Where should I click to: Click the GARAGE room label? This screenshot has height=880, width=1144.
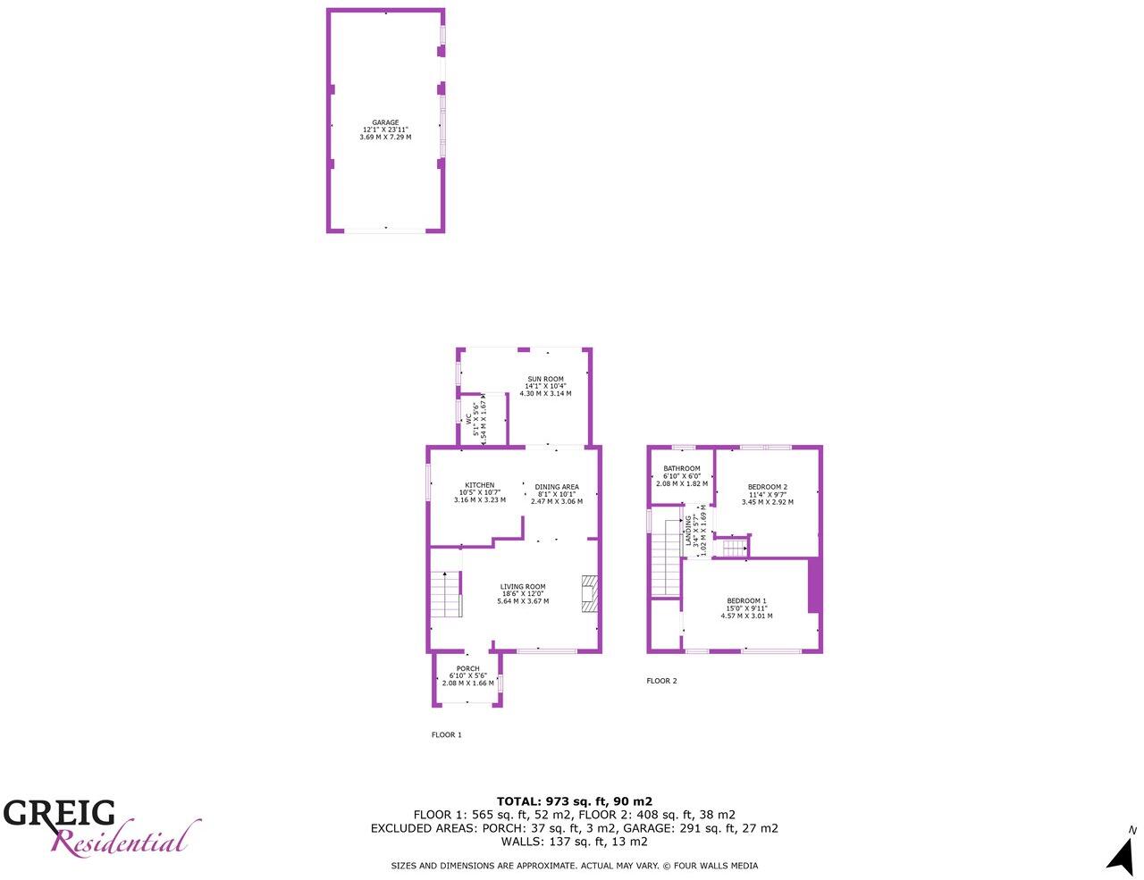click(385, 122)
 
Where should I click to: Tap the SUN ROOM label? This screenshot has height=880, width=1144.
click(545, 379)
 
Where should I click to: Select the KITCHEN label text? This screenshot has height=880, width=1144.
click(479, 485)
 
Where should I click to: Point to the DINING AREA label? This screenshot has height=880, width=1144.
click(557, 487)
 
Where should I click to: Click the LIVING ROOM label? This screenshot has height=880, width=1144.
click(523, 587)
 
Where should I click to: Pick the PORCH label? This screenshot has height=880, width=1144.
click(467, 669)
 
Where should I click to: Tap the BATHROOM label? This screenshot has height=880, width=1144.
click(681, 468)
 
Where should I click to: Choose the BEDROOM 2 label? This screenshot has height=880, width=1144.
click(767, 487)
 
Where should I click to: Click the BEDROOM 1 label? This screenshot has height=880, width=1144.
click(746, 600)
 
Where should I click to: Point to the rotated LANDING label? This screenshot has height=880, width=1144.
click(689, 532)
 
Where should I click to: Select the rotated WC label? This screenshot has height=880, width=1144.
click(468, 417)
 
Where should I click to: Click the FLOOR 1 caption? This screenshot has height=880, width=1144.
click(446, 735)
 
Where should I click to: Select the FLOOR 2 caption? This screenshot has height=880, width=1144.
click(661, 681)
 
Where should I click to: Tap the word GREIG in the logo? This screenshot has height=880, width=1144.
click(60, 813)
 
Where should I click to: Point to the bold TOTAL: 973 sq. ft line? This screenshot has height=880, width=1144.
click(574, 801)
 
